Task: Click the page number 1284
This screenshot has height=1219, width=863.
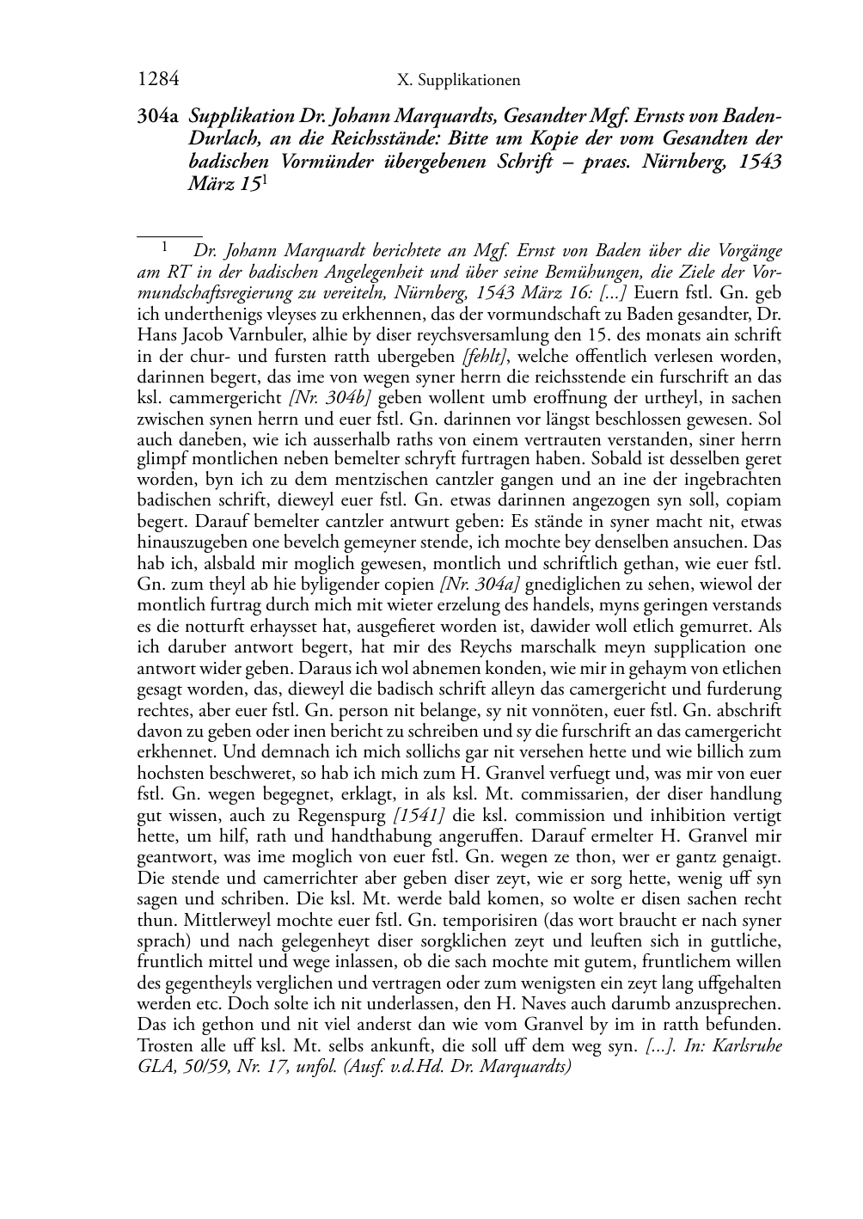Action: [158, 80]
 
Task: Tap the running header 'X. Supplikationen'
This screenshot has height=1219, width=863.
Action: [459, 81]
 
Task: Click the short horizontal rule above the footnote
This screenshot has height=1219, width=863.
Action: [169, 235]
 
